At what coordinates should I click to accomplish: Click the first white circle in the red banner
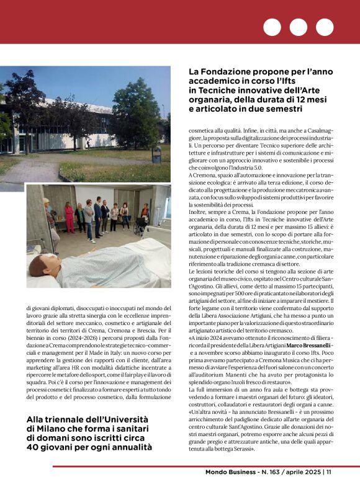(272, 27)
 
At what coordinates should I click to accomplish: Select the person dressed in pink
(69, 217)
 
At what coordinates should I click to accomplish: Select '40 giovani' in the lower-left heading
(50, 447)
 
